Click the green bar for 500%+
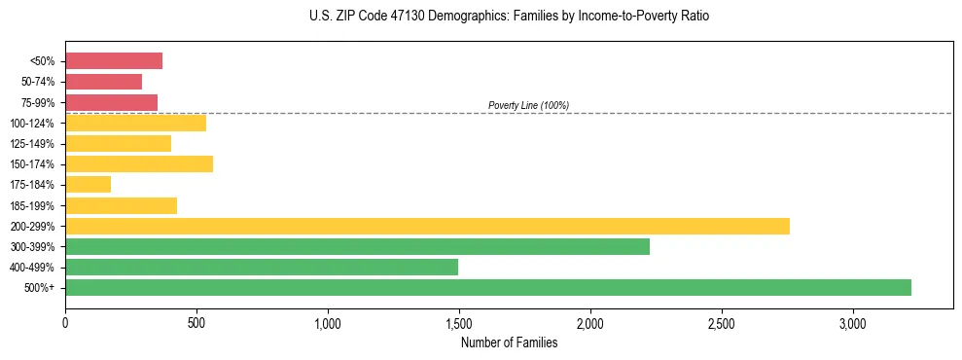[x=487, y=287]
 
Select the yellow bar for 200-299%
[x=427, y=226]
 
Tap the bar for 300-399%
[x=357, y=246]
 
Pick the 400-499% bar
[x=261, y=267]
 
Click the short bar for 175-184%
[x=88, y=184]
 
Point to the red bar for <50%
[x=113, y=60]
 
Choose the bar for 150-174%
[x=138, y=163]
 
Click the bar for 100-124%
[x=135, y=123]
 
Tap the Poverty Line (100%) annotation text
[x=528, y=105]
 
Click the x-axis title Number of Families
[x=509, y=342]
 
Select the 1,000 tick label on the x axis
[x=328, y=322]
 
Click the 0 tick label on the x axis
[x=65, y=322]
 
